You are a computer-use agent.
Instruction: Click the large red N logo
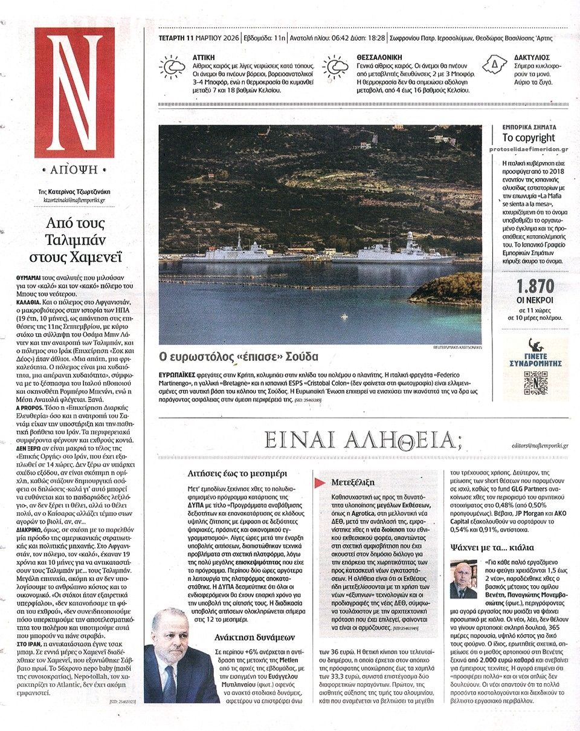pos(74,92)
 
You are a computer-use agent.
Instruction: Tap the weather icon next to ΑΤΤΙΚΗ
pos(172,67)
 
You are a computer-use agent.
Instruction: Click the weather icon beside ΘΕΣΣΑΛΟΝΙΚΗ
pos(335,68)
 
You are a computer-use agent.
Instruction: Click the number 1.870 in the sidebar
pos(535,287)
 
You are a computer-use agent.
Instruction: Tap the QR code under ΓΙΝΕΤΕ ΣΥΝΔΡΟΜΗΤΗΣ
pos(535,383)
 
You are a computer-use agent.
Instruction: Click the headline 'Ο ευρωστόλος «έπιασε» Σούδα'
pos(238,356)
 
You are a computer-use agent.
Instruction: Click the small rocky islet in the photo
pos(447,289)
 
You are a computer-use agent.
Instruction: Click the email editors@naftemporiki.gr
pos(532,446)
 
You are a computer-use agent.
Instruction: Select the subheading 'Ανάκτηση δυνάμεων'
pos(254,637)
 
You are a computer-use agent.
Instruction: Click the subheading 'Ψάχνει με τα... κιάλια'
pos(492,548)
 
